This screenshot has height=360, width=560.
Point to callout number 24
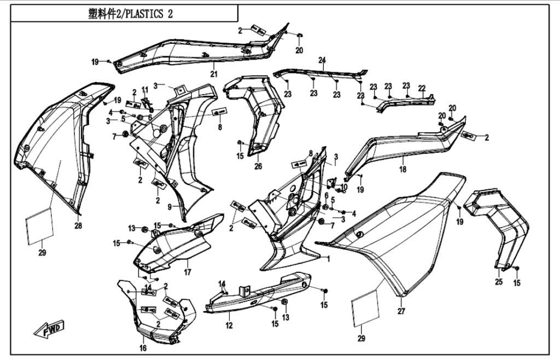point(322,60)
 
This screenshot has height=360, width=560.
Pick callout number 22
point(422,88)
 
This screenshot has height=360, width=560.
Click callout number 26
point(258,166)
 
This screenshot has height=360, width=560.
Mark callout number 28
point(78,225)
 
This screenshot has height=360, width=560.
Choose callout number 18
point(402,170)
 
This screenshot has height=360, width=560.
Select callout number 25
point(498,282)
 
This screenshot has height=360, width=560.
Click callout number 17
point(187,272)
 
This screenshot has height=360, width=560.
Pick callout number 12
point(229,326)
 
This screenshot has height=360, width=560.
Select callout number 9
point(170,207)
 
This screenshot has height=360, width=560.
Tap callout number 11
point(145,89)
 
